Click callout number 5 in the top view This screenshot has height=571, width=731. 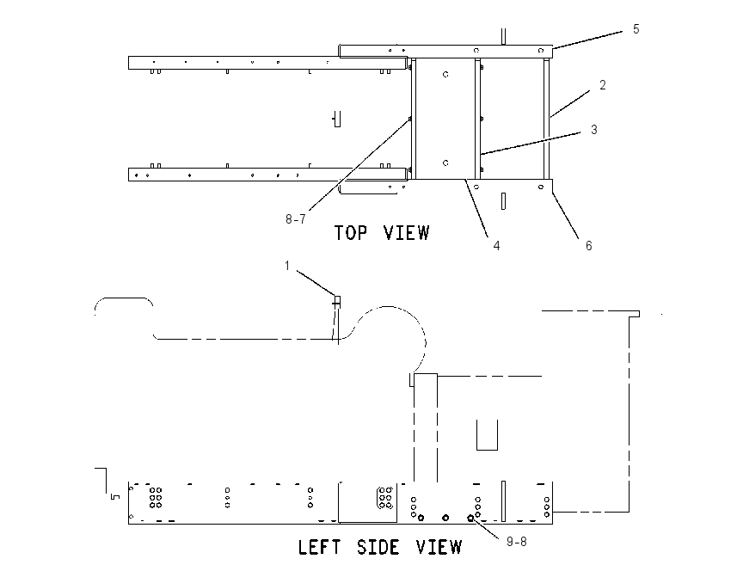click(636, 29)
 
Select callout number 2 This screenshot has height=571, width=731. click(602, 85)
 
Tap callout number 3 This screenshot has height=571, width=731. click(594, 130)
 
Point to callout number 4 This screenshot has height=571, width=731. click(496, 246)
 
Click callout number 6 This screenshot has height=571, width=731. click(589, 246)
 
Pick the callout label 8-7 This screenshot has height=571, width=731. click(296, 218)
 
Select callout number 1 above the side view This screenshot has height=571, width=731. click(287, 265)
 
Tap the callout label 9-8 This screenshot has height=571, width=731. click(517, 541)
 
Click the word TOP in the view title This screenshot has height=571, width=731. click(351, 232)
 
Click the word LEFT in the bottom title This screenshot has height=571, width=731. click(320, 547)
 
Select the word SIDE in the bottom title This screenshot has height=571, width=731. click(378, 547)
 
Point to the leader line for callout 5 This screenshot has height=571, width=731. click(587, 40)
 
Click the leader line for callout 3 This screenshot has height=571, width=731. click(530, 143)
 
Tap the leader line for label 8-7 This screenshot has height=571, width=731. click(359, 165)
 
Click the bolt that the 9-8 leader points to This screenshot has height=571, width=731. click(470, 518)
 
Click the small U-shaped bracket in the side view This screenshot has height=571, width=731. click(487, 435)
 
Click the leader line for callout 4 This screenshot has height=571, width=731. click(476, 208)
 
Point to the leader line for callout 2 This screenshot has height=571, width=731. click(569, 103)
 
